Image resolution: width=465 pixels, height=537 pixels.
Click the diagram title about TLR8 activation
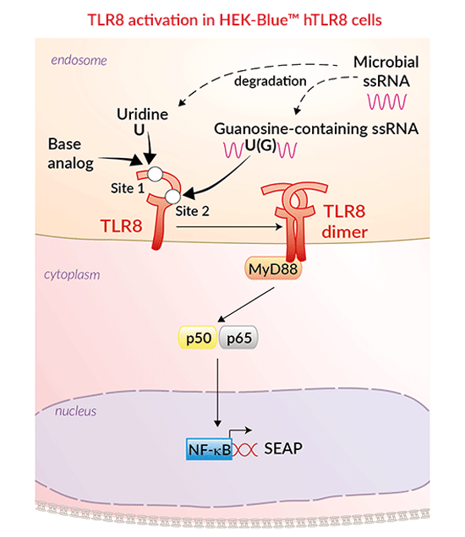click(232, 18)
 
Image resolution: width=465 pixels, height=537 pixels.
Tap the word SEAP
click(288, 447)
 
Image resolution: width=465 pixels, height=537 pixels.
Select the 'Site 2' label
click(193, 212)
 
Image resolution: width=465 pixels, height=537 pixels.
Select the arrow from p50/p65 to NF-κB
click(218, 388)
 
